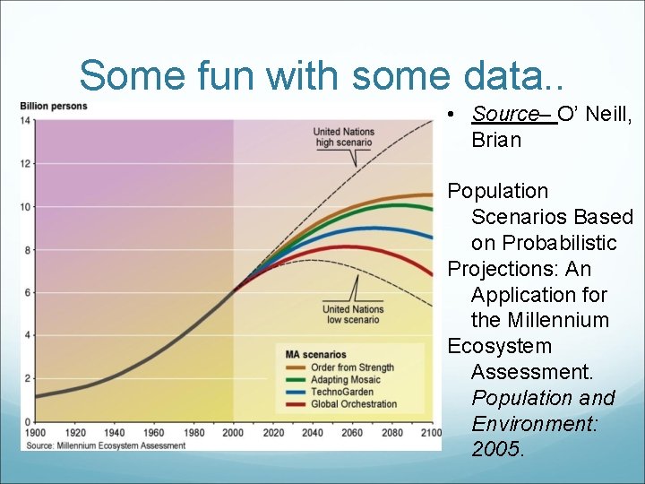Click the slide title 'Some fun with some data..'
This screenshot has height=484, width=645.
pos(322,75)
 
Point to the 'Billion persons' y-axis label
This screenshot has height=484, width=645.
pos(54,107)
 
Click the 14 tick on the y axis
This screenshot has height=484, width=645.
pos(27,120)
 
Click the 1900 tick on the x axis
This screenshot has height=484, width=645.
pos(35,433)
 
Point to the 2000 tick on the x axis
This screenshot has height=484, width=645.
pos(233,433)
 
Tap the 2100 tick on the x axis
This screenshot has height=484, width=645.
pos(430,433)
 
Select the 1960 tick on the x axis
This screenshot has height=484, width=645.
pos(153,433)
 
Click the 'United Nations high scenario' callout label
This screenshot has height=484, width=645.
pos(344,137)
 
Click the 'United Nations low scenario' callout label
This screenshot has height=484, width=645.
pos(353,315)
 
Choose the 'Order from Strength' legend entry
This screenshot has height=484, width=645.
pos(351,367)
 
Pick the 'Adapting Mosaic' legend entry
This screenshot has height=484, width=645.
pos(345,380)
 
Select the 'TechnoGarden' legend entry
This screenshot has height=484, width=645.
pos(341,392)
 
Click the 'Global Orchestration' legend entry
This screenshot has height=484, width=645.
pos(353,403)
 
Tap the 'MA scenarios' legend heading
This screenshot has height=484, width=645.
pos(315,355)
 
